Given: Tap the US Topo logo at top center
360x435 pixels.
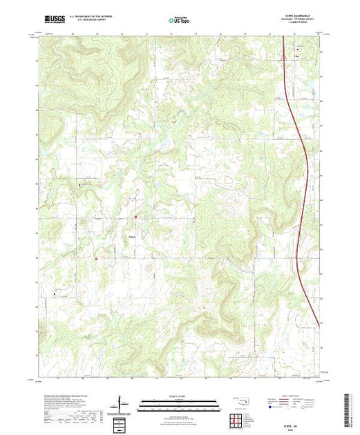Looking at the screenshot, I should [179, 20].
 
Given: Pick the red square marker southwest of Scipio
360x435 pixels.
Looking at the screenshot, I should [96, 259].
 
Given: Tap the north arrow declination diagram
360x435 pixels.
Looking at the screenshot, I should [122, 403].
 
